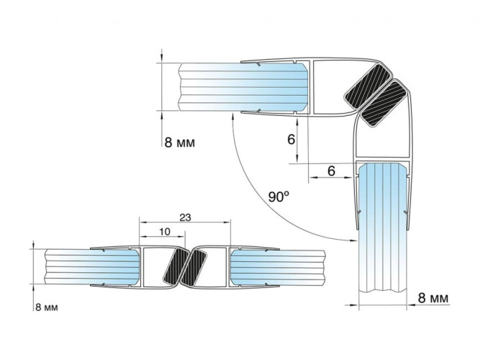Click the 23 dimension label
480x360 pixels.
pyautogui.click(x=185, y=217)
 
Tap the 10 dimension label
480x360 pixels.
pyautogui.click(x=165, y=232)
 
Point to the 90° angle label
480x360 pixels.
pyautogui.click(x=279, y=197)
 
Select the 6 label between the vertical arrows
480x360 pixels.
pyautogui.click(x=291, y=140)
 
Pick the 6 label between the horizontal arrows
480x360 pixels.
pyautogui.click(x=331, y=171)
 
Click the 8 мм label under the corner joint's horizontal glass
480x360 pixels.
pyautogui.click(x=179, y=143)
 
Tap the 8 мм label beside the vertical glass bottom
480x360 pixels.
pyautogui.click(x=433, y=297)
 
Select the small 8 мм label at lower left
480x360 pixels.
pyautogui.click(x=47, y=307)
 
